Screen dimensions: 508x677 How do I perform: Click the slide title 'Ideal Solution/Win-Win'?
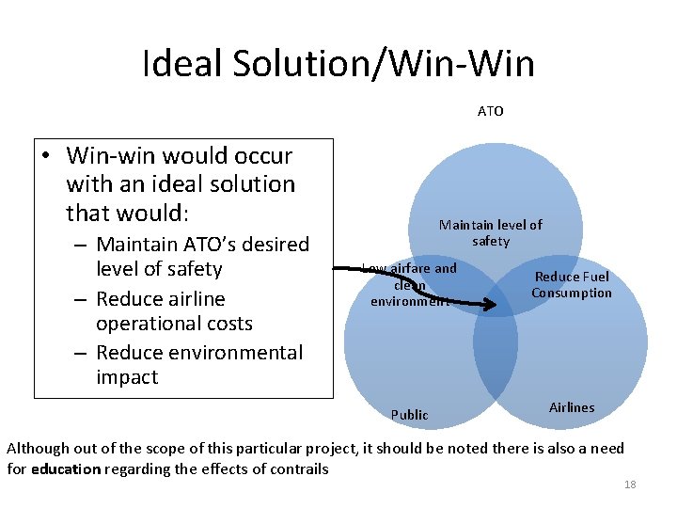pos(338,64)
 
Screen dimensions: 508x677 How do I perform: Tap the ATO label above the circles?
pos(490,111)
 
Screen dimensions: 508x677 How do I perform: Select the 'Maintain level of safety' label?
pos(490,233)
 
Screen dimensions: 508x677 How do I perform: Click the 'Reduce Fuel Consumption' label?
pos(571,285)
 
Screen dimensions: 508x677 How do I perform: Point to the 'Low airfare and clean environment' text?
pos(410,285)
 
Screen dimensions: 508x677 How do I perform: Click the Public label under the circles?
pos(409,415)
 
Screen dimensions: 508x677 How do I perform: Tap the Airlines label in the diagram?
pos(572,407)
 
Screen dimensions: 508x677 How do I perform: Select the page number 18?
pos(630,484)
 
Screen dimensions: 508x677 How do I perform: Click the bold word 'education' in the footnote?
pos(65,468)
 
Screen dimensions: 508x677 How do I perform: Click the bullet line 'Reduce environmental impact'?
pos(198,365)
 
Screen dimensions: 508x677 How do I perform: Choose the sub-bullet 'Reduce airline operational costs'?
pos(174,311)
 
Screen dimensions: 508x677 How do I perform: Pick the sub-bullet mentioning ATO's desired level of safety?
pos(202,257)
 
